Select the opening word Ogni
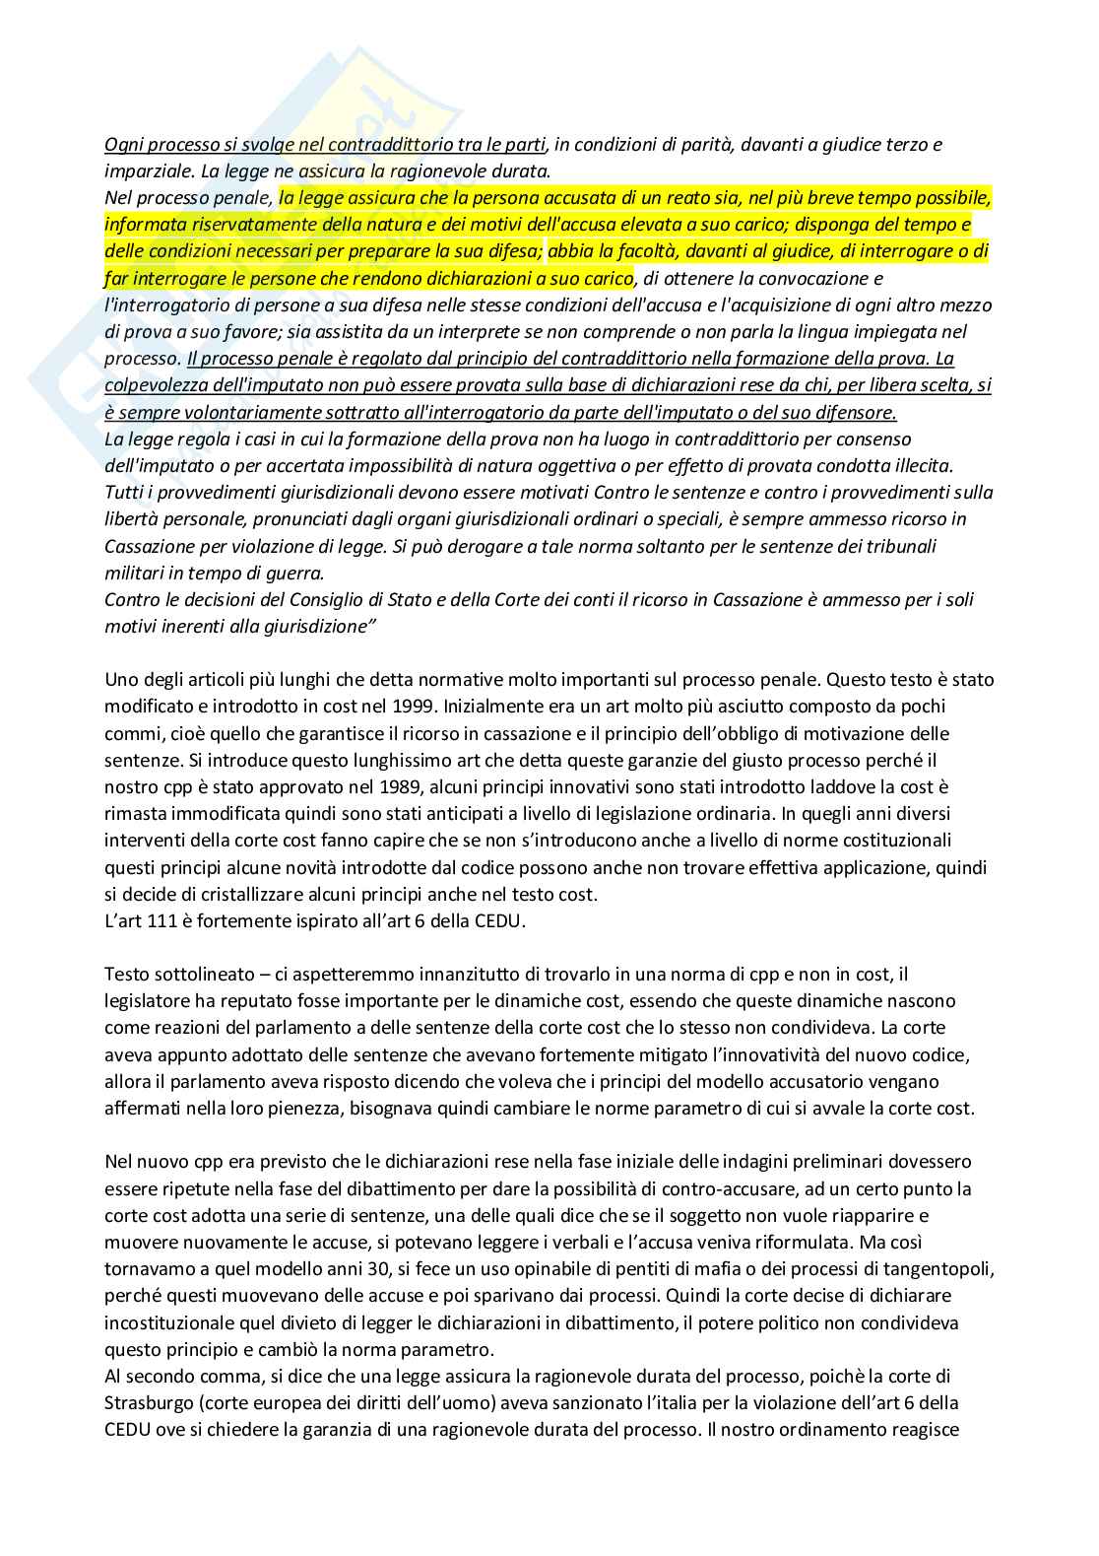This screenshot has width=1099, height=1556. tap(123, 144)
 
